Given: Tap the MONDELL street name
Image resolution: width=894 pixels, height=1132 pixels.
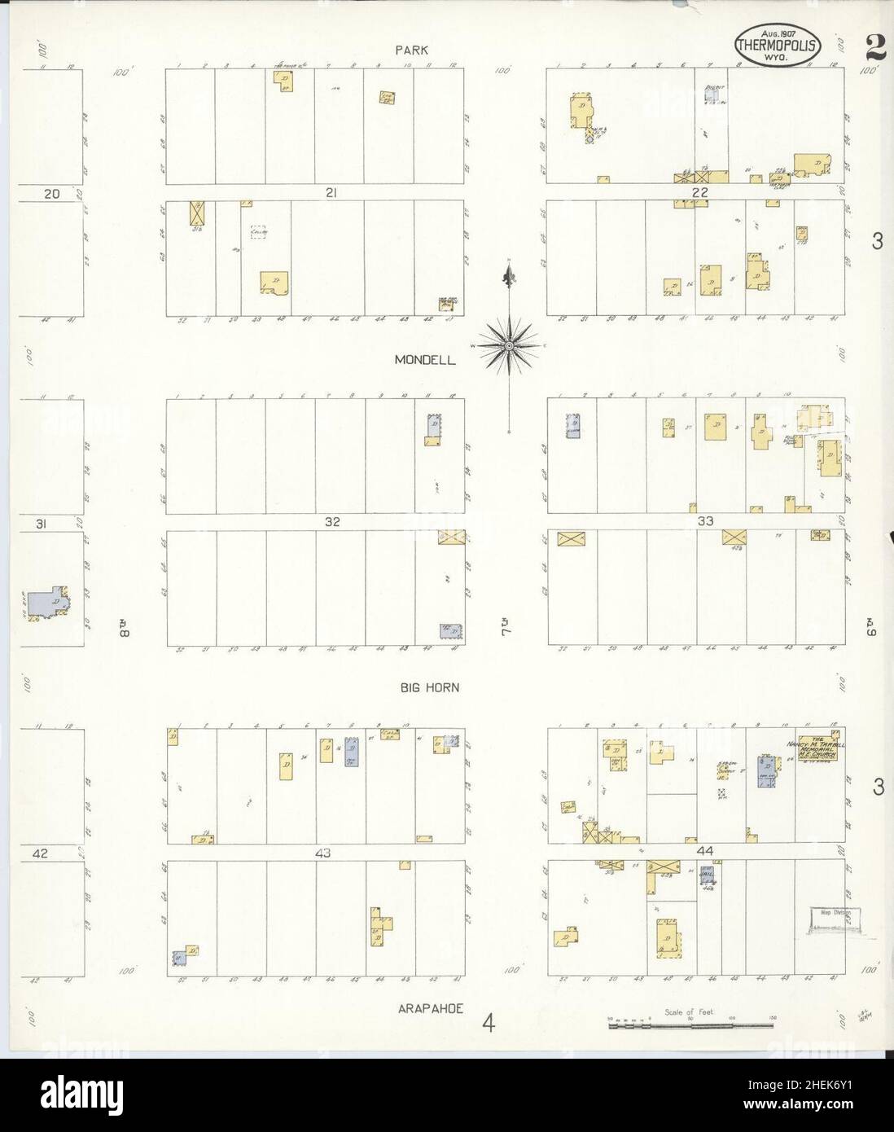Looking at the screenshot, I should tap(423, 359).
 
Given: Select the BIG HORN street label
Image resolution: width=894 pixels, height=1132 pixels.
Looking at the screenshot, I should tap(429, 687).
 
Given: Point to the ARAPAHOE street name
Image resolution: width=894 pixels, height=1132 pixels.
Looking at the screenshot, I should tap(431, 1008).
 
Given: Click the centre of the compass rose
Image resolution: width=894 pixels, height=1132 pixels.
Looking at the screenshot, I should tap(509, 346).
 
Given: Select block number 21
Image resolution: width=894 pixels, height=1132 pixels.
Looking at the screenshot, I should tap(331, 192).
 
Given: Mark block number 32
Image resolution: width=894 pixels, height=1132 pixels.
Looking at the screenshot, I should tap(331, 522).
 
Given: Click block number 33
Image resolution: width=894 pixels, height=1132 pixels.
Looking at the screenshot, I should tap(705, 522).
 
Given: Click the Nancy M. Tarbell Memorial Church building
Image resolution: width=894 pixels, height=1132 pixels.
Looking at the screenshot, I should tap(820, 746).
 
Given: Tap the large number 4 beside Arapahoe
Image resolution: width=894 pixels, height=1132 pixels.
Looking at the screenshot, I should tap(488, 1021).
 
